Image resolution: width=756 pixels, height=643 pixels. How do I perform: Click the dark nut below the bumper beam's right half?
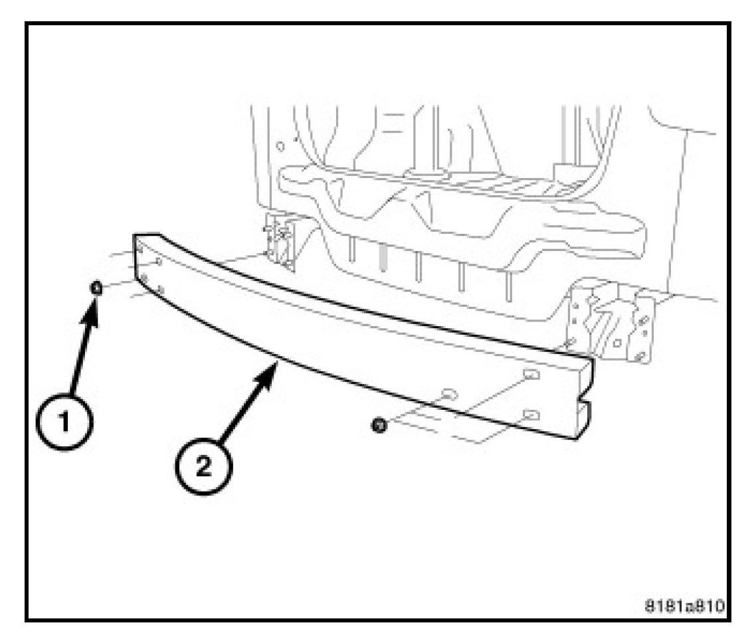click(378, 423)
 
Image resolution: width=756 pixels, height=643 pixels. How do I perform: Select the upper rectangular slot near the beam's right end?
click(531, 375)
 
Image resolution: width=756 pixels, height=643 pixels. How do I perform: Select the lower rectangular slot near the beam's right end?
click(531, 415)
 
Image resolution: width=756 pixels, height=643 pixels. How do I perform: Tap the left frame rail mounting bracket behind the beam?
click(280, 242)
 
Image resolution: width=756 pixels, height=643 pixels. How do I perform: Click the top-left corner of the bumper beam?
click(136, 235)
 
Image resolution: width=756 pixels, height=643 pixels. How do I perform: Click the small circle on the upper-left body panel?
click(281, 144)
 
